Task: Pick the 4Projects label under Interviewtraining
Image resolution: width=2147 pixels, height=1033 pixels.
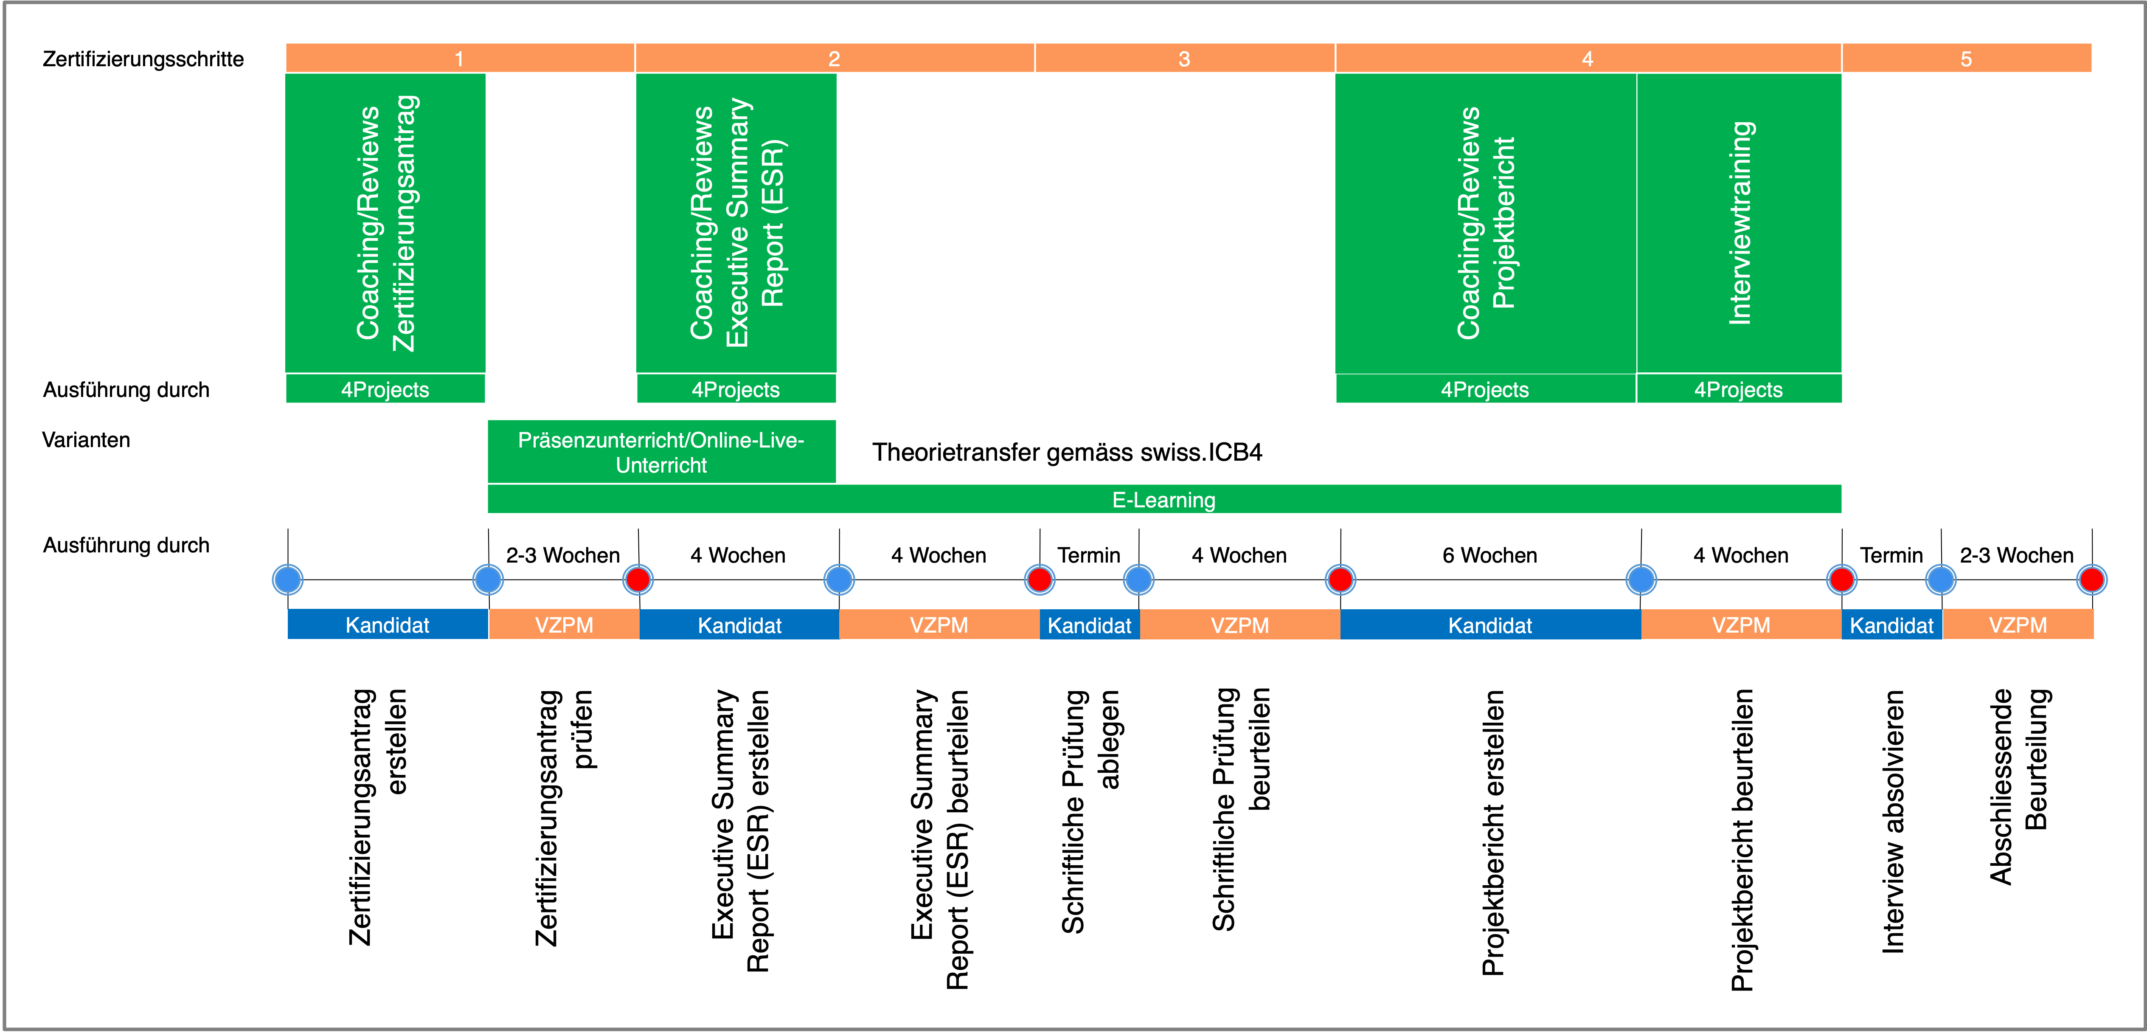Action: coord(1739,389)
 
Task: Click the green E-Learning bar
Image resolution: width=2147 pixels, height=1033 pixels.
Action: coord(1164,499)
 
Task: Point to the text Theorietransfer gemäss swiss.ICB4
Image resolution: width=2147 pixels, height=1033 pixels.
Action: coord(1067,453)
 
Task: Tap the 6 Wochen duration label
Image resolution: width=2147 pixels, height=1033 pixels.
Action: coord(1489,555)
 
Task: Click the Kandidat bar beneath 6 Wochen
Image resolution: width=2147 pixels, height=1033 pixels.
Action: coord(1490,625)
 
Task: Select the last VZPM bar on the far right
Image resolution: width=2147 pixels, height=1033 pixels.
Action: coord(2018,625)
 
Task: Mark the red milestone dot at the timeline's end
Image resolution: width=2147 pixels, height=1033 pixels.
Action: coord(2091,580)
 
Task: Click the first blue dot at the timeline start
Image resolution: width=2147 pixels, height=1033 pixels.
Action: coord(287,580)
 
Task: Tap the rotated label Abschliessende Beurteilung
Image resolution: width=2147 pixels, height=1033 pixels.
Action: coord(2018,786)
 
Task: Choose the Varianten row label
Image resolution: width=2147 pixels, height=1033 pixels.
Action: coord(86,440)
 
